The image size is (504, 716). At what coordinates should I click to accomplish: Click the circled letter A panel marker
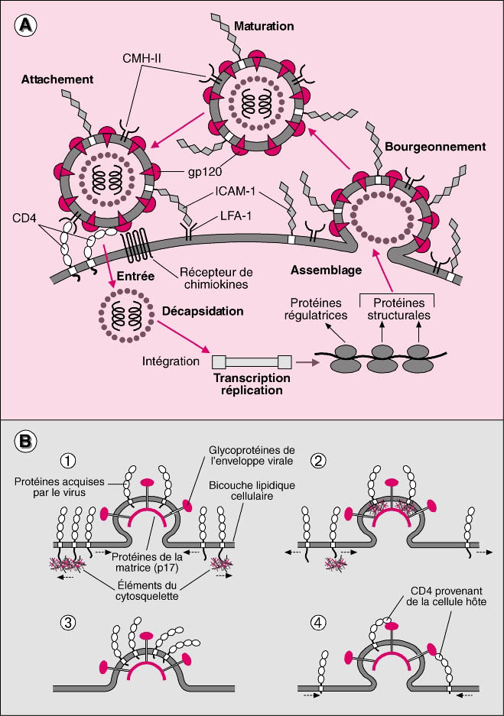[26, 25]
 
